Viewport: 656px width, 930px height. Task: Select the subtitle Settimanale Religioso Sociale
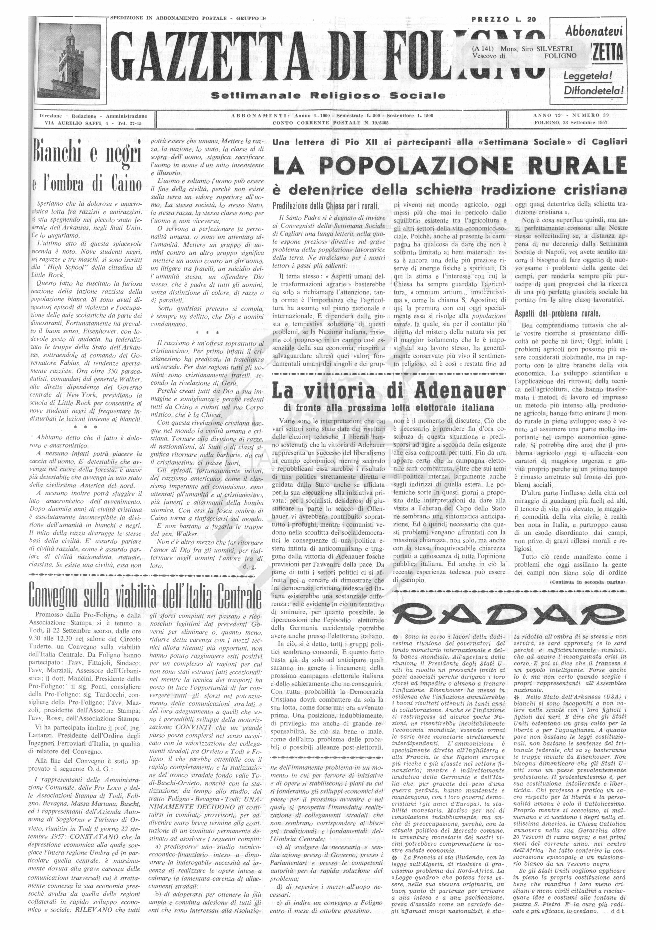click(328, 96)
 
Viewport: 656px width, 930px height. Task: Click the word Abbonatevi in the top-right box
click(594, 31)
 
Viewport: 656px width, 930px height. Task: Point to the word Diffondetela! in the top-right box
click(593, 90)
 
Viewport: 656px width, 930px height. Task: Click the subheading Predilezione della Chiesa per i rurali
click(326, 205)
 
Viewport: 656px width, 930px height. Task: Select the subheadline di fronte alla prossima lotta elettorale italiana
click(389, 407)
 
